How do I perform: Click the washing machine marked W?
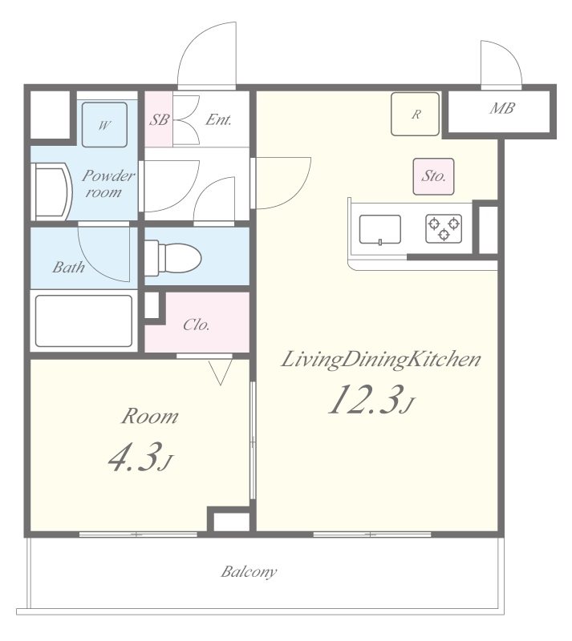click(104, 124)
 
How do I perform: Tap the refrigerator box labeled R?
click(416, 114)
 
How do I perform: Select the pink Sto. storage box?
click(433, 176)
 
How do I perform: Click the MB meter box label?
click(502, 108)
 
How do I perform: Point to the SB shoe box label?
click(159, 119)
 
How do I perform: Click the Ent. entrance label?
click(219, 119)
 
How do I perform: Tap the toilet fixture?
click(173, 257)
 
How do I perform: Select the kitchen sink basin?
click(380, 229)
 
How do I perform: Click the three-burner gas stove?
click(444, 228)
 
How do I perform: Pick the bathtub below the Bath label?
click(84, 321)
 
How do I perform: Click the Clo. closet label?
click(196, 325)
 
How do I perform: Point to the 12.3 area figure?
click(363, 399)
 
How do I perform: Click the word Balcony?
click(249, 571)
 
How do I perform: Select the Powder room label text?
click(108, 184)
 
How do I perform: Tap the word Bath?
click(68, 268)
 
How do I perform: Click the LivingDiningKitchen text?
click(381, 360)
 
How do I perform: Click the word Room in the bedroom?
click(149, 416)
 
